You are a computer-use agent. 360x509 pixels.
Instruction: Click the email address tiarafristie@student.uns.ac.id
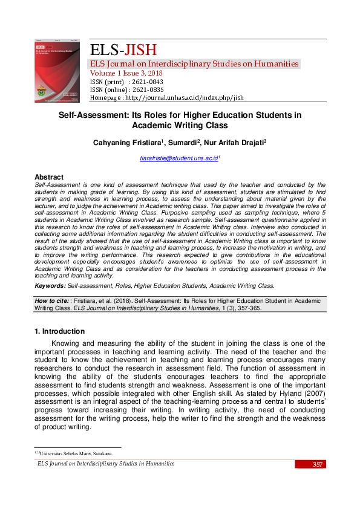(178, 158)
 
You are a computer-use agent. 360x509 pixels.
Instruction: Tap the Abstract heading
(50, 177)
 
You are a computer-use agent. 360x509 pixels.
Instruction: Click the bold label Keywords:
(50, 286)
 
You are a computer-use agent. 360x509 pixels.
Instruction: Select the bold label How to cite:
(51, 300)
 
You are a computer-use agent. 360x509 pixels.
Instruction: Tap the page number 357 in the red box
(318, 464)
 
